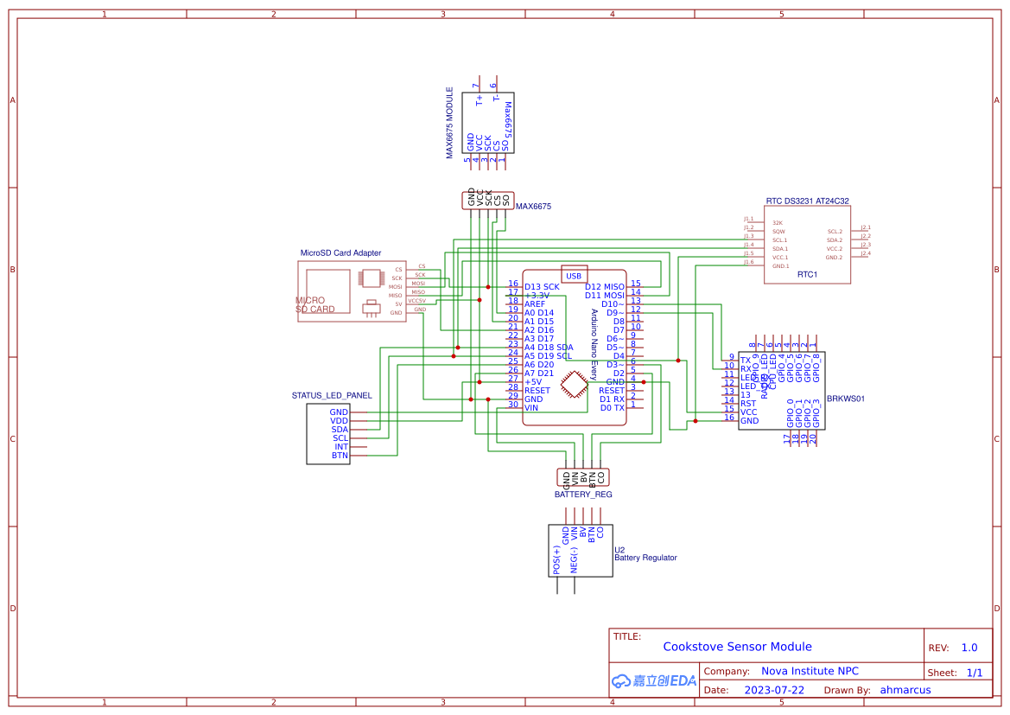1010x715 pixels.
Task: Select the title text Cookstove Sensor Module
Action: [x=737, y=647]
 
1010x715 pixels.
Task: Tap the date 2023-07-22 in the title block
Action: [x=774, y=691]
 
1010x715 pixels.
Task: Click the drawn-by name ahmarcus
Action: [x=905, y=691]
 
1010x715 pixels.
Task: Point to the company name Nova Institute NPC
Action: [x=810, y=671]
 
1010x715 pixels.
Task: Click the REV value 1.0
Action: [x=969, y=648]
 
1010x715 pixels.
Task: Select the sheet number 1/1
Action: [x=974, y=673]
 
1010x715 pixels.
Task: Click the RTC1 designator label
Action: [x=807, y=275]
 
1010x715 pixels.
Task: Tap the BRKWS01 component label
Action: [x=845, y=399]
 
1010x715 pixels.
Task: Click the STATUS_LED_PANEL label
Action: [x=332, y=395]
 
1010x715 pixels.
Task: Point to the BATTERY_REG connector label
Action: [x=583, y=495]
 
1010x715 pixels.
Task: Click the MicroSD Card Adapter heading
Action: [x=340, y=253]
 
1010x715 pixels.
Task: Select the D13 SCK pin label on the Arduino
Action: [x=542, y=286]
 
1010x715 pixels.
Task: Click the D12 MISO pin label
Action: [x=604, y=286]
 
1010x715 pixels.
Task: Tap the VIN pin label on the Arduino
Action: [x=531, y=407]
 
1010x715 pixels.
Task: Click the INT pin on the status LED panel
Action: [x=341, y=446]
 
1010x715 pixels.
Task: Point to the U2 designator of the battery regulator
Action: [x=619, y=550]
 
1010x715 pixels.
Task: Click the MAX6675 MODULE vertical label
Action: [x=449, y=123]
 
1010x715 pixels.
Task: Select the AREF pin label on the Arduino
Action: [x=535, y=304]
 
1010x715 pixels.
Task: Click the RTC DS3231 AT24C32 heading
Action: [x=807, y=201]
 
